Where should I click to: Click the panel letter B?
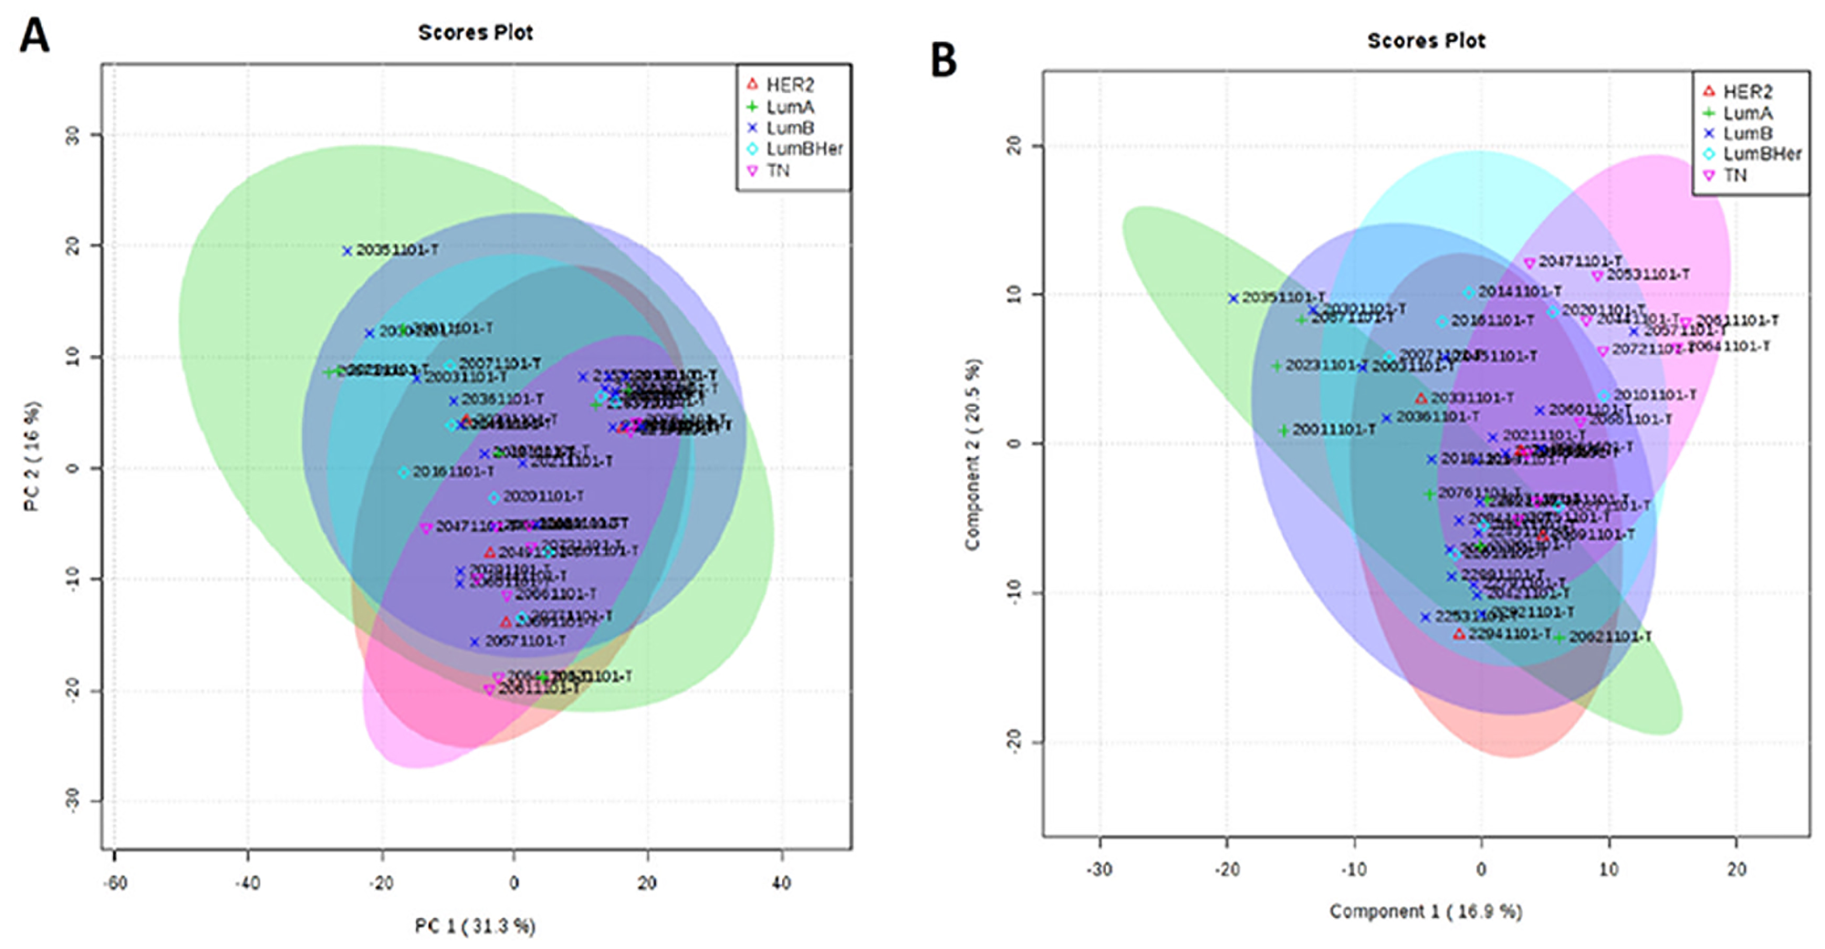(x=943, y=60)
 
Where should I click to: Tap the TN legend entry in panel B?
(x=1735, y=175)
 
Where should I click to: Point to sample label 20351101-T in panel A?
(x=397, y=250)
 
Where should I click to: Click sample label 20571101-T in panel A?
(x=525, y=641)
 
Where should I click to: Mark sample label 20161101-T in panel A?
(x=453, y=472)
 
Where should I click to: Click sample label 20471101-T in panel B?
(x=1580, y=262)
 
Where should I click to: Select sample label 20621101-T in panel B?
(x=1610, y=637)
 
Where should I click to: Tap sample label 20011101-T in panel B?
(x=1333, y=429)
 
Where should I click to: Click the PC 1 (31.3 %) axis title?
(x=474, y=926)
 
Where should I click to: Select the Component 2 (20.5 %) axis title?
(x=973, y=454)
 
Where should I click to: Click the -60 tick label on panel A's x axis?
(x=115, y=883)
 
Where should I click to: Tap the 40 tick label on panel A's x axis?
(x=781, y=883)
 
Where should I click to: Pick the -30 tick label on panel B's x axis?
(x=1100, y=870)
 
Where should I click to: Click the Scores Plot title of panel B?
(x=1425, y=41)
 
